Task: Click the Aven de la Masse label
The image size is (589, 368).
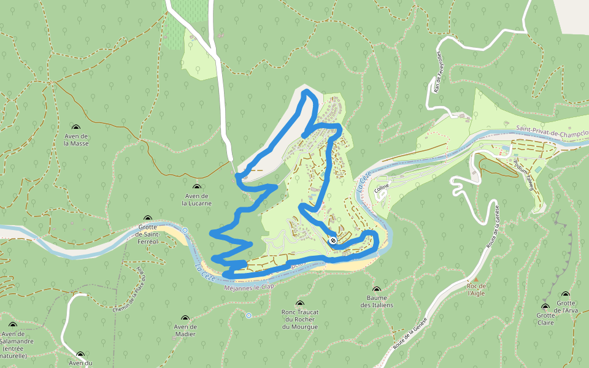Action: [x=76, y=139]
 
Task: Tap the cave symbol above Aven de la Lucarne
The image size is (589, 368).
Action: [x=197, y=187]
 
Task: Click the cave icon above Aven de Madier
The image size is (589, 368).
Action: [x=185, y=318]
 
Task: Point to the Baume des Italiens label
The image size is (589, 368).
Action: [x=376, y=301]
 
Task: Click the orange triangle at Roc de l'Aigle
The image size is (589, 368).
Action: [x=475, y=278]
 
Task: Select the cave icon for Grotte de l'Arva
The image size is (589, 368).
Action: [x=566, y=294]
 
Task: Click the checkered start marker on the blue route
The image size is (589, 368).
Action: [x=333, y=241]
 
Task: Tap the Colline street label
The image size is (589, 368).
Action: [x=382, y=190]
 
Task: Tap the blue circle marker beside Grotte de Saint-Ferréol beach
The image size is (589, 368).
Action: [x=185, y=230]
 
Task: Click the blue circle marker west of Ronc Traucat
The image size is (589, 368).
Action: [x=248, y=315]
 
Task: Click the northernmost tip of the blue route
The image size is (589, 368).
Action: [x=306, y=91]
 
